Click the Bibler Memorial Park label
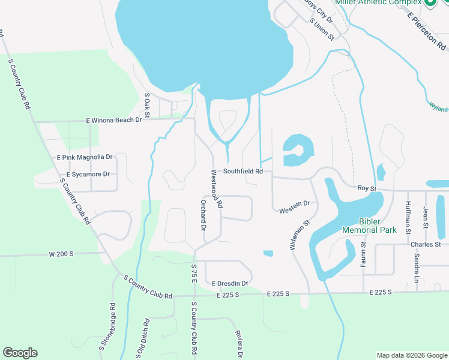pyautogui.click(x=369, y=226)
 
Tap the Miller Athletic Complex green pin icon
pyautogui.click(x=430, y=2)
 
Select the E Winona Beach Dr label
pyautogui.click(x=113, y=120)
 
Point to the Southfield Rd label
pyautogui.click(x=243, y=171)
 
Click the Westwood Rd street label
pyautogui.click(x=216, y=188)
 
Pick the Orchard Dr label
pyautogui.click(x=203, y=215)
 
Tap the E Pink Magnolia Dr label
pyautogui.click(x=85, y=157)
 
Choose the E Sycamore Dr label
pyautogui.click(x=88, y=174)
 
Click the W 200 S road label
pyautogui.click(x=61, y=254)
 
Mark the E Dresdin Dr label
pyautogui.click(x=230, y=283)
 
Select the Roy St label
pyautogui.click(x=366, y=188)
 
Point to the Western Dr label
pyautogui.click(x=294, y=207)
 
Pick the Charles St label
pyautogui.click(x=426, y=245)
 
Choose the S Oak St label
pyautogui.click(x=146, y=104)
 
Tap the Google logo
pyautogui.click(x=20, y=353)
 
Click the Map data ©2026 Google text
pyautogui.click(x=411, y=355)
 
